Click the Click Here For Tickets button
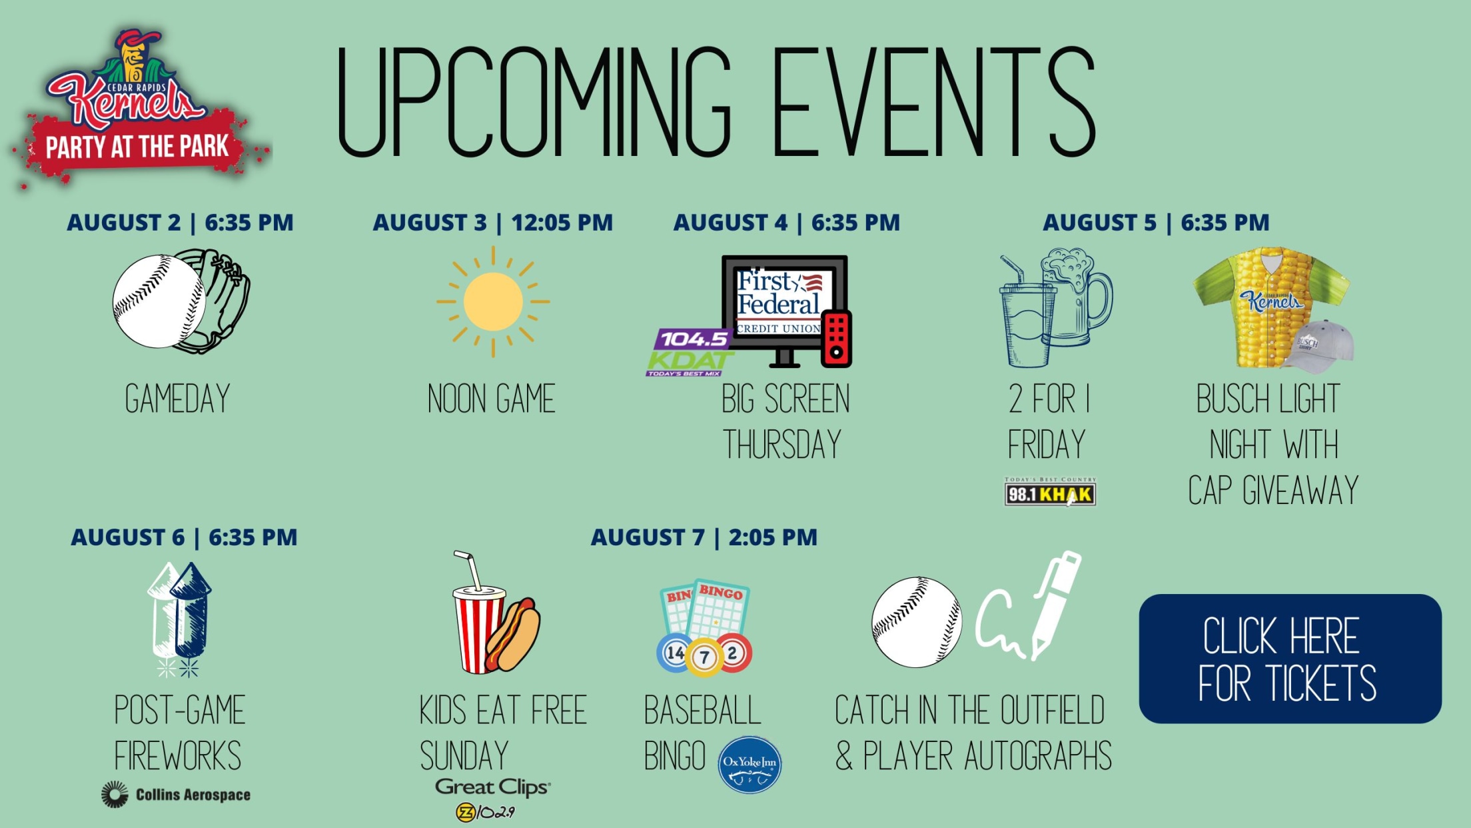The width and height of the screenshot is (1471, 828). (x=1290, y=659)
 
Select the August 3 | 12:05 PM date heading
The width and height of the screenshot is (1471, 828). (x=493, y=223)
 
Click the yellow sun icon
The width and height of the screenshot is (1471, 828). (x=493, y=302)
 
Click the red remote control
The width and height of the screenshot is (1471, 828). (x=837, y=339)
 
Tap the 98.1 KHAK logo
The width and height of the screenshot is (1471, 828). (x=1050, y=492)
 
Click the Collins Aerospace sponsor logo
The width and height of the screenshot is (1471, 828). (x=176, y=795)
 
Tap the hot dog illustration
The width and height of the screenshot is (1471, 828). (x=514, y=634)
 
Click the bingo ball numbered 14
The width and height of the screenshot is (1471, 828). (x=675, y=653)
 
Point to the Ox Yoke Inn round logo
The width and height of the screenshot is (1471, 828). (x=749, y=765)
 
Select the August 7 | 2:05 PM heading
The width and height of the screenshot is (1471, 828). (x=704, y=537)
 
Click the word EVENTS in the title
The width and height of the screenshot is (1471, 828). (x=933, y=102)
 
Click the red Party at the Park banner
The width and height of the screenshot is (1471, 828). (x=137, y=147)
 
